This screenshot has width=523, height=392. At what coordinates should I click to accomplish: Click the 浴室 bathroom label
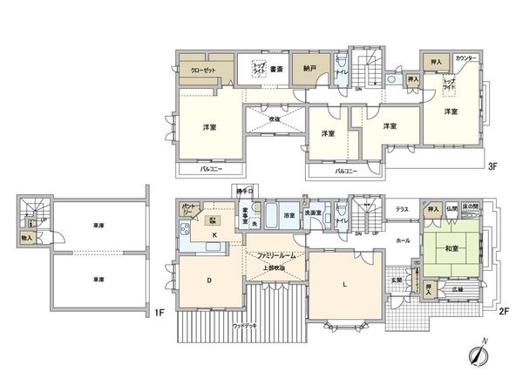click(287, 213)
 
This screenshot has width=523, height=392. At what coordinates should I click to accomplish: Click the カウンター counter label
click(465, 57)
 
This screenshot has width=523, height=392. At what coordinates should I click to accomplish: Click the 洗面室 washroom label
click(313, 213)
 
